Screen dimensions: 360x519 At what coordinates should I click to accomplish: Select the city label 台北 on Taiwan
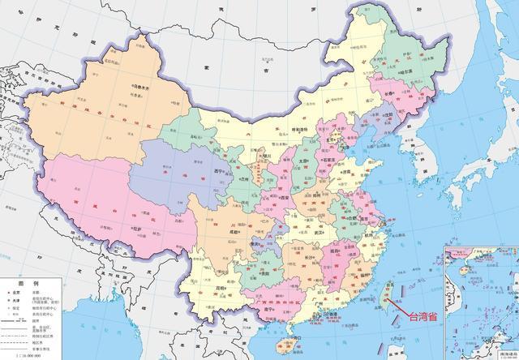(390, 285)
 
